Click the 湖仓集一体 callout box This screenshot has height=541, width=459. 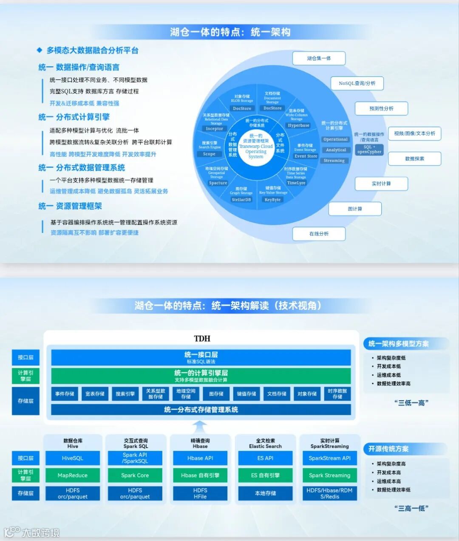319,58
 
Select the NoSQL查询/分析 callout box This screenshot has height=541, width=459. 357,83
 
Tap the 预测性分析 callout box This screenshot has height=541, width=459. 381,108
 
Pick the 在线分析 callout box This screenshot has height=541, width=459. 319,234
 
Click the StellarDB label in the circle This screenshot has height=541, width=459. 241,200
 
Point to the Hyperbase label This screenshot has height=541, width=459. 298,125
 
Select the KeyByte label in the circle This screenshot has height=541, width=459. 272,200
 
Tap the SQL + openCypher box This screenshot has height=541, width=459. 369,149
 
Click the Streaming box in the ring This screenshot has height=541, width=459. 334,161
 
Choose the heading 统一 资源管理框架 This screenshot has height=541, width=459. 70,206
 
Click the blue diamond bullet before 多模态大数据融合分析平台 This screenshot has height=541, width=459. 40,50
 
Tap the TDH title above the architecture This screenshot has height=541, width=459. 202,339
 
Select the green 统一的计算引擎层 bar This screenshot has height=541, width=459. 201,376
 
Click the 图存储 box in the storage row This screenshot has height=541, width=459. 216,394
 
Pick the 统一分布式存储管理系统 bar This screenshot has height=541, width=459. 201,410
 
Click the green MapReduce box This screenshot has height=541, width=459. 72,476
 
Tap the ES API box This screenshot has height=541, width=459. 265,458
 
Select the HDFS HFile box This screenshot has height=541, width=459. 200,493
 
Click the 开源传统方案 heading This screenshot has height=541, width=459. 388,449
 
